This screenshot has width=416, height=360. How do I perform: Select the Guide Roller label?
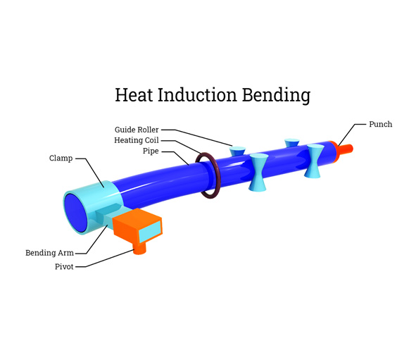137,130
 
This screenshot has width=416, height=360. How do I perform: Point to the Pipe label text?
151,151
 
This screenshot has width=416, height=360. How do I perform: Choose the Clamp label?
61,158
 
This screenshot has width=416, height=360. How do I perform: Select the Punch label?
380,124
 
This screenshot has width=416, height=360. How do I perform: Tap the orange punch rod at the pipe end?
348,149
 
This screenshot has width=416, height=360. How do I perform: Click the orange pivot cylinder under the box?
140,248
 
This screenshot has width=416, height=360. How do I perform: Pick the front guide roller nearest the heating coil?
258,173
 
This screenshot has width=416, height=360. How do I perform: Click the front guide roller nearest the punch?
313,161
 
